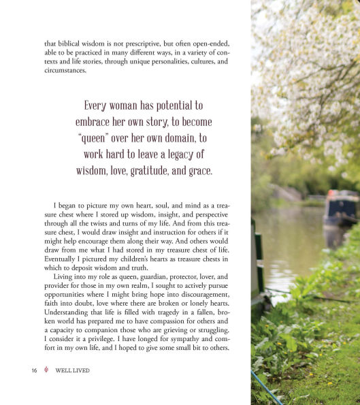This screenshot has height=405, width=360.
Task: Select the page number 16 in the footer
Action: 34,371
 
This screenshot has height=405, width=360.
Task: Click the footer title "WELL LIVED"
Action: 73,371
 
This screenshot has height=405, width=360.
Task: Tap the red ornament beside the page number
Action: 46,371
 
